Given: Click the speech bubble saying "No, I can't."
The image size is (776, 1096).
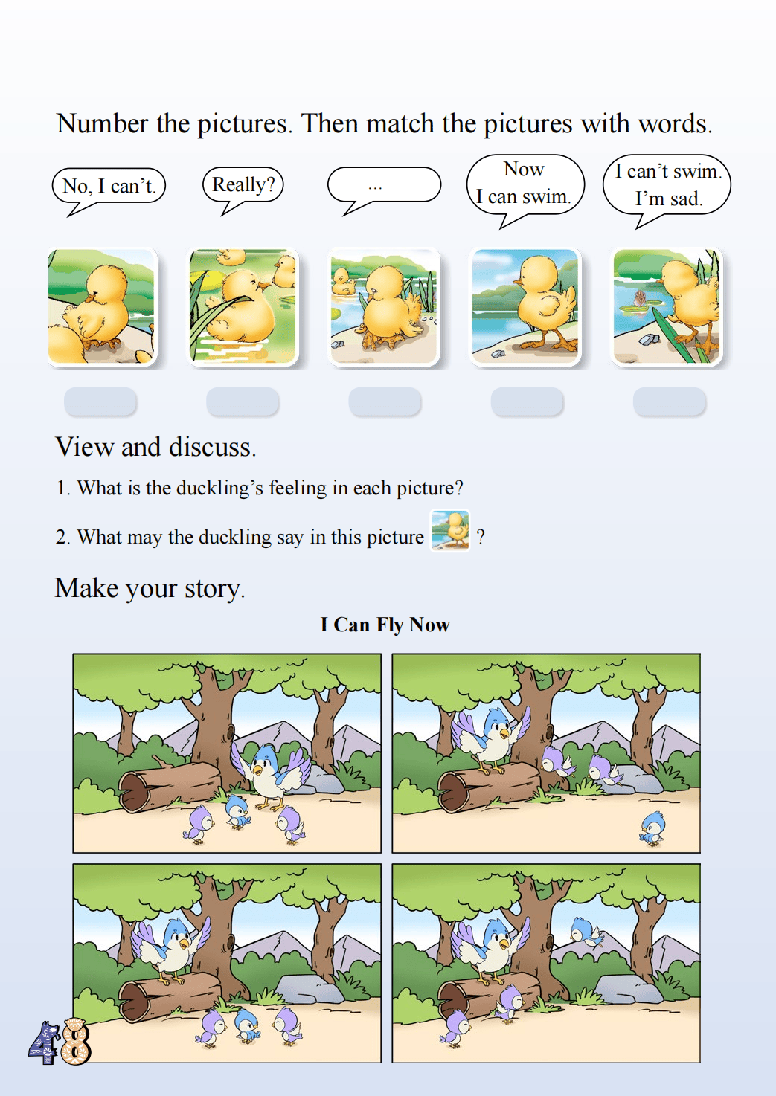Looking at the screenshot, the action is (109, 187).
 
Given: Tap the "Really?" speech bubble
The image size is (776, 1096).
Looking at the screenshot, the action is (243, 185).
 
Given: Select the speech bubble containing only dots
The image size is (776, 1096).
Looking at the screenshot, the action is (384, 185).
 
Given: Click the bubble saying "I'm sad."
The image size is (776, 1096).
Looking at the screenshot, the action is (667, 185).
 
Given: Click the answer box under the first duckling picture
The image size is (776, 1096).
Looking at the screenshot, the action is (100, 402).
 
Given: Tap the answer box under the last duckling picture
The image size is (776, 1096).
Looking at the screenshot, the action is (670, 402).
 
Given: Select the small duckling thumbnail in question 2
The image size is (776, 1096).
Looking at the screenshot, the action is (450, 531).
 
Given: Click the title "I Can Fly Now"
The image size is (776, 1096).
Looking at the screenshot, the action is (385, 625).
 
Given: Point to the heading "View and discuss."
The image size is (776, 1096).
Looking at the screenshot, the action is (155, 447).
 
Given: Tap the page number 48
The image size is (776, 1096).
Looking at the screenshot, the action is (60, 1042).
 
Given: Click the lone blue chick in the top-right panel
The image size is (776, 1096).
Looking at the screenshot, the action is (652, 828).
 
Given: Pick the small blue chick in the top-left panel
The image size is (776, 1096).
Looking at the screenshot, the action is (238, 812).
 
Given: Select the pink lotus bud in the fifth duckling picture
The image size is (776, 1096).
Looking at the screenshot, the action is (640, 298).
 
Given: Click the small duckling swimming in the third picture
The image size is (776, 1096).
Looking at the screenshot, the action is (343, 283).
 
